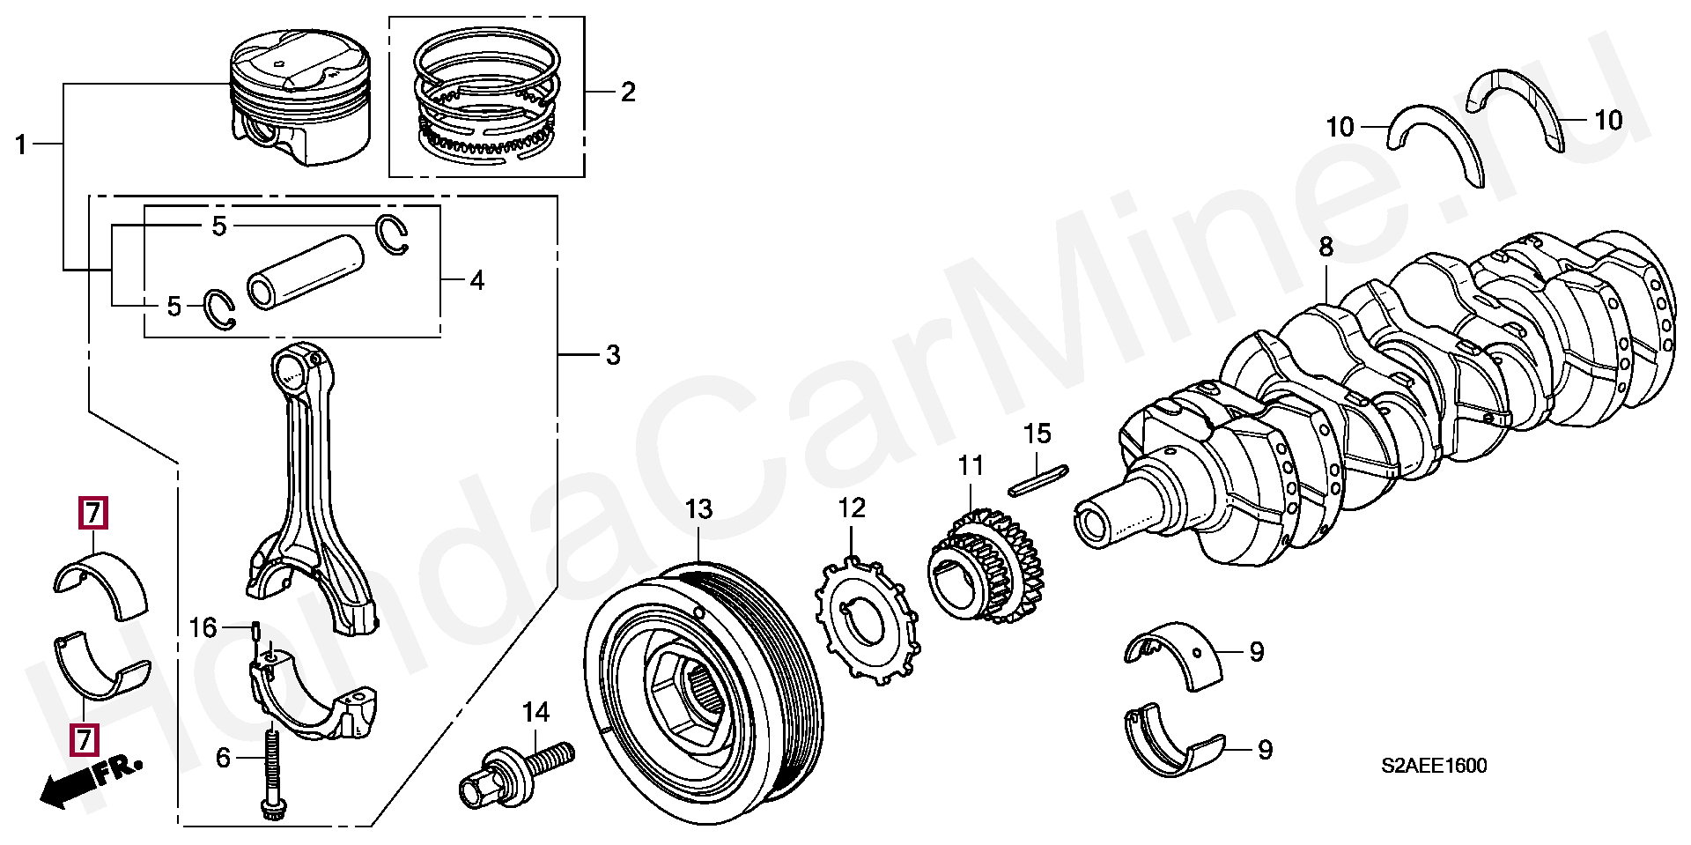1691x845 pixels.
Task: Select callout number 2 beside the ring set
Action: [627, 92]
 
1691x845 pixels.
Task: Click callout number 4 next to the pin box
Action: [476, 281]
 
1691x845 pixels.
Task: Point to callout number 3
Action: [613, 355]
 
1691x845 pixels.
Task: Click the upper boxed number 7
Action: [92, 513]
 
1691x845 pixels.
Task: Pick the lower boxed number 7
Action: [85, 738]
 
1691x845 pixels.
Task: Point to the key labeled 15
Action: [1038, 480]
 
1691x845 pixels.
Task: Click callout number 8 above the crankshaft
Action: [1325, 248]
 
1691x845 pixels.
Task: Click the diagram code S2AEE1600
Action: [1433, 766]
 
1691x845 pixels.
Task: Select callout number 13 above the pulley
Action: [698, 509]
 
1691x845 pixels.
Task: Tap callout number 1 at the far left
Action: [21, 145]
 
